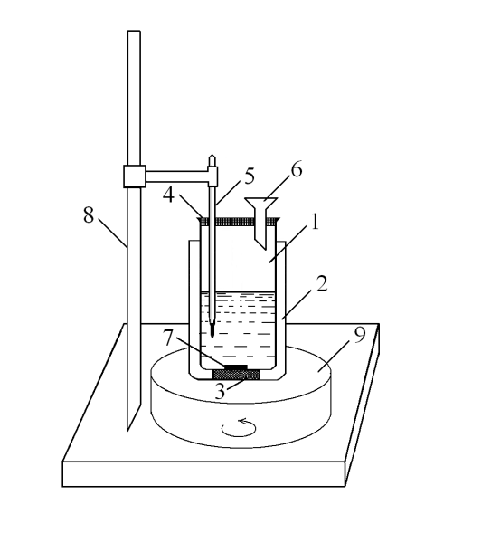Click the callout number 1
pyautogui.click(x=315, y=222)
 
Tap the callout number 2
pyautogui.click(x=321, y=284)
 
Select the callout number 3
pyautogui.click(x=221, y=391)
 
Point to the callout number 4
pyautogui.click(x=168, y=195)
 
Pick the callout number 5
pyautogui.click(x=250, y=176)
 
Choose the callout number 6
pyautogui.click(x=297, y=169)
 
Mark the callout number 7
pyautogui.click(x=168, y=338)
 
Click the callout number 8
pyautogui.click(x=89, y=214)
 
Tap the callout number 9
pyautogui.click(x=360, y=335)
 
